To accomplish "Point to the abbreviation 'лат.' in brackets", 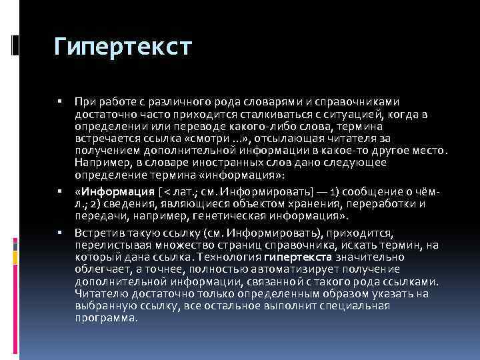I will point(180,192).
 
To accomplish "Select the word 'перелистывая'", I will point(109,246).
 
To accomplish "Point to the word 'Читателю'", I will point(99,294).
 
